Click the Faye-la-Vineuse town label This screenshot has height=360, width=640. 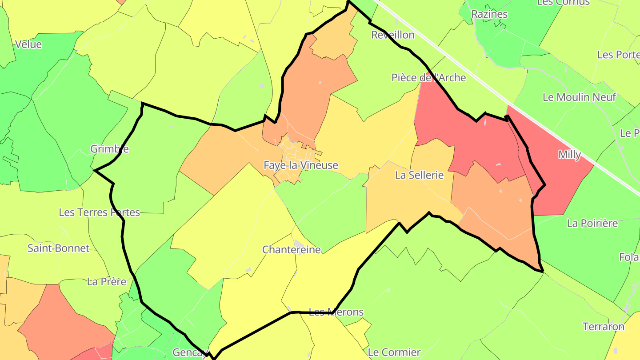[x=301, y=165]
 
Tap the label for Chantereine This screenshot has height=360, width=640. [x=291, y=249]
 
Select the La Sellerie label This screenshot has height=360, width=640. [x=419, y=175]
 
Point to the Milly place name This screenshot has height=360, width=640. [x=569, y=155]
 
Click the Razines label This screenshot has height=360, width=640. [x=489, y=14]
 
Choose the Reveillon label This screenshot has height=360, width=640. [x=392, y=35]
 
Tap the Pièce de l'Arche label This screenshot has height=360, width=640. [x=428, y=78]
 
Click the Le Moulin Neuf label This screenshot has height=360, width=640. [x=579, y=97]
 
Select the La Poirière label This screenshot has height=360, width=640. [x=592, y=223]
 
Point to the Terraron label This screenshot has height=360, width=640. [x=603, y=327]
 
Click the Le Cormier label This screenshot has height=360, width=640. [x=394, y=352]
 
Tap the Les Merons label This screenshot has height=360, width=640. [x=336, y=312]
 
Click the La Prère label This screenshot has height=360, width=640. [x=107, y=281]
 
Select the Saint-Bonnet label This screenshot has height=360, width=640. [x=59, y=248]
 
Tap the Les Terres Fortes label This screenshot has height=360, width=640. [x=99, y=212]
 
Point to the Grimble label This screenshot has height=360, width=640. [x=109, y=149]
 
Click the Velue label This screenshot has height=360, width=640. [x=28, y=44]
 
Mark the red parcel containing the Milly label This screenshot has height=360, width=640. [x=560, y=178]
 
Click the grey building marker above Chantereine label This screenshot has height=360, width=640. [x=299, y=244]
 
